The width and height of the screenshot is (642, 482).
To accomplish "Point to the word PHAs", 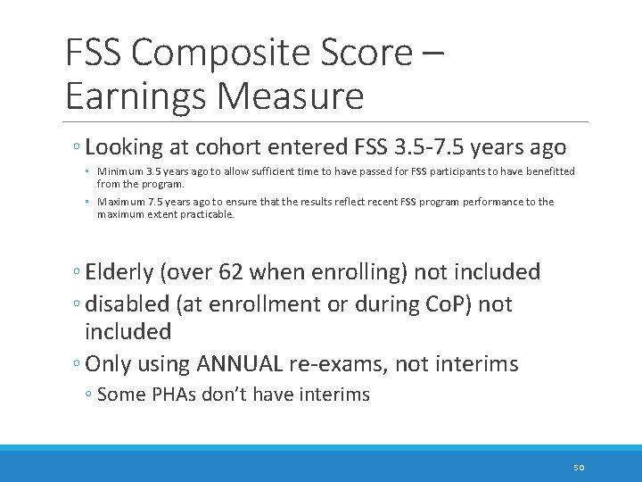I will pos(177,395).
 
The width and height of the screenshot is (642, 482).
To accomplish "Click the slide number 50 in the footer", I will pos(579,467).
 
